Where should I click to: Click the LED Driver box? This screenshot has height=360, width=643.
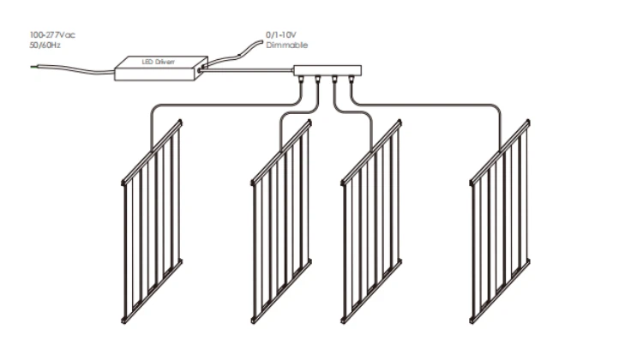pos(161,68)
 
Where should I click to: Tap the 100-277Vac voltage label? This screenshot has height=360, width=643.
pos(52,35)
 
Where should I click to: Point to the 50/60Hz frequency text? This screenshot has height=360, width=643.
pos(45,45)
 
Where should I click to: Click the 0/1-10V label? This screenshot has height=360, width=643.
pos(281,35)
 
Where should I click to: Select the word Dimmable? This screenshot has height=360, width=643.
pos(286,45)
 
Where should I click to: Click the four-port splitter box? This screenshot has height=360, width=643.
pos(328,70)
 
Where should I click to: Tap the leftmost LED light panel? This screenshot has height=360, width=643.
pos(152,221)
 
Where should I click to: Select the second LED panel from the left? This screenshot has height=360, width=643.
pos(281,221)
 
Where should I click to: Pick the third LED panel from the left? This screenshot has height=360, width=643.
pos(371,221)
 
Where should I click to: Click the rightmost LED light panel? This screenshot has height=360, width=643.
pos(500,221)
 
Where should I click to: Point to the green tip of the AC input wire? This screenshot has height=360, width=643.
pos(33,66)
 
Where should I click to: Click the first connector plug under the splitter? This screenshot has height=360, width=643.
pos(302,80)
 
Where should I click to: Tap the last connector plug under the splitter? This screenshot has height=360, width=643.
pos(351,80)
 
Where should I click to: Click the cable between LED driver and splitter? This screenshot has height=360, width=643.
pos(246,70)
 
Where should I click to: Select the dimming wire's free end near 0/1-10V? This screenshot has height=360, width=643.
pos(261,41)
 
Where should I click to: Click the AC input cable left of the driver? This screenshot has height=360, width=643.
pos(74,69)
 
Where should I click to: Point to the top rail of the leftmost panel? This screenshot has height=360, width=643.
pos(152,152)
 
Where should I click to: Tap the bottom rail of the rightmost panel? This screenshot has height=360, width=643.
pos(500,291)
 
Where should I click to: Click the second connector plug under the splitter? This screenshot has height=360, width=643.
pos(318,80)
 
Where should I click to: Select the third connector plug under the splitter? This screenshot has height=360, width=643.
pos(334,80)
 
